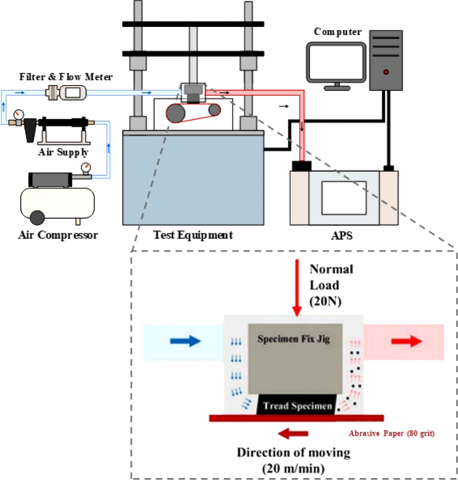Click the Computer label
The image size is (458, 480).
coord(338,32)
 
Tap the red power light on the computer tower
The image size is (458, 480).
coord(386,72)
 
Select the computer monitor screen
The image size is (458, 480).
coord(336,62)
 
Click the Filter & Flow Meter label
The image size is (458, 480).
coord(66,77)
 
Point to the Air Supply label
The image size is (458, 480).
coord(63,152)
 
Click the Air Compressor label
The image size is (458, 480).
coord(58,235)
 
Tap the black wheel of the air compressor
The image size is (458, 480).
coord(37,218)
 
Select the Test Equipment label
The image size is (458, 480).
coord(193,235)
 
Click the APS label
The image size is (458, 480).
coord(342,235)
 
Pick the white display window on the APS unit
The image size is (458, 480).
coord(344,198)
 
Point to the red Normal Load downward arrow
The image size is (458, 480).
coord(297,288)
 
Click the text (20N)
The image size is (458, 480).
coord(325,301)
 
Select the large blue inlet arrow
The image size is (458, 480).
coord(185,341)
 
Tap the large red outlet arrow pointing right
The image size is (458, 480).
coord(407,341)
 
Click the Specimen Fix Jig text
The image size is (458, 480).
coord(293,339)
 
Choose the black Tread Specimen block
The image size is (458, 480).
coord(296,405)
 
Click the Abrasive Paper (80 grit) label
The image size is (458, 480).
coord(391,433)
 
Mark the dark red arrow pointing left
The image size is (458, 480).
coord(293,434)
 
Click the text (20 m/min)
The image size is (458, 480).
coord(293,468)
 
